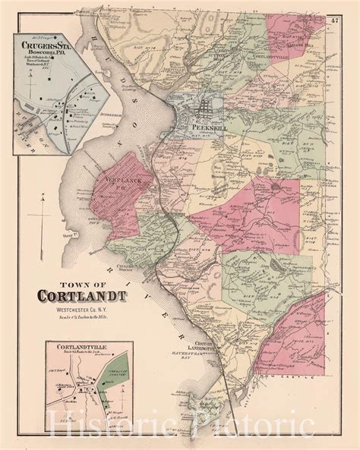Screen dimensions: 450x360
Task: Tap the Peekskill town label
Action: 206,128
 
